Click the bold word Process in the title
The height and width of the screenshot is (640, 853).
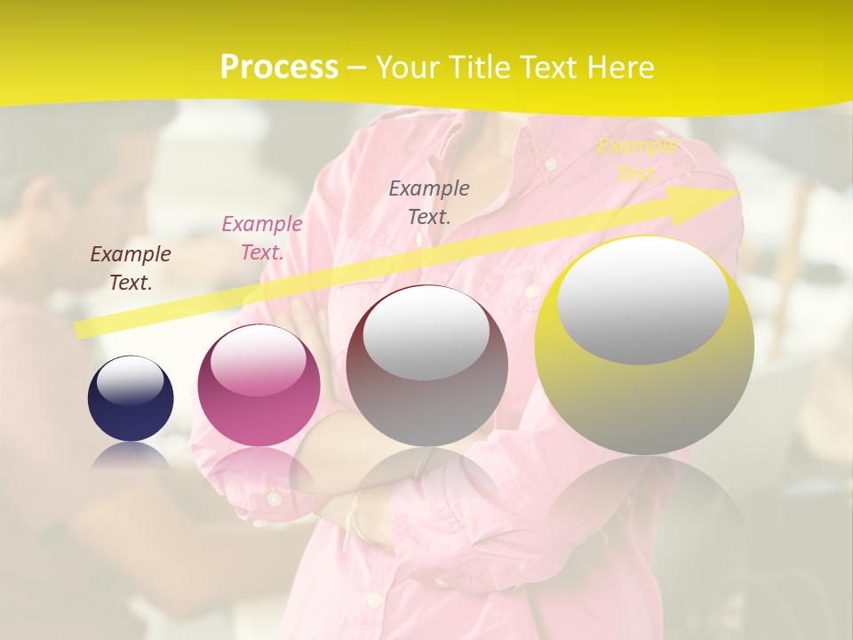coord(279,68)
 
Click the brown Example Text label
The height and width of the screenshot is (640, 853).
coord(131,268)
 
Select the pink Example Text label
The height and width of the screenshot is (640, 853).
coord(262,238)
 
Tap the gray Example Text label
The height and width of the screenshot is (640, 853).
coord(429,202)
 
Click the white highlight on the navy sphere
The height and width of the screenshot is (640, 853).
coord(130,380)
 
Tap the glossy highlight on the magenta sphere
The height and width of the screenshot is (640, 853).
coord(258,359)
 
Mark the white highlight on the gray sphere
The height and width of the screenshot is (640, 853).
coord(426,332)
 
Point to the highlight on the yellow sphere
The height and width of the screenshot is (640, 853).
coord(643,299)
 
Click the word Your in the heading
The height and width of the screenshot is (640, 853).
coord(406,68)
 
